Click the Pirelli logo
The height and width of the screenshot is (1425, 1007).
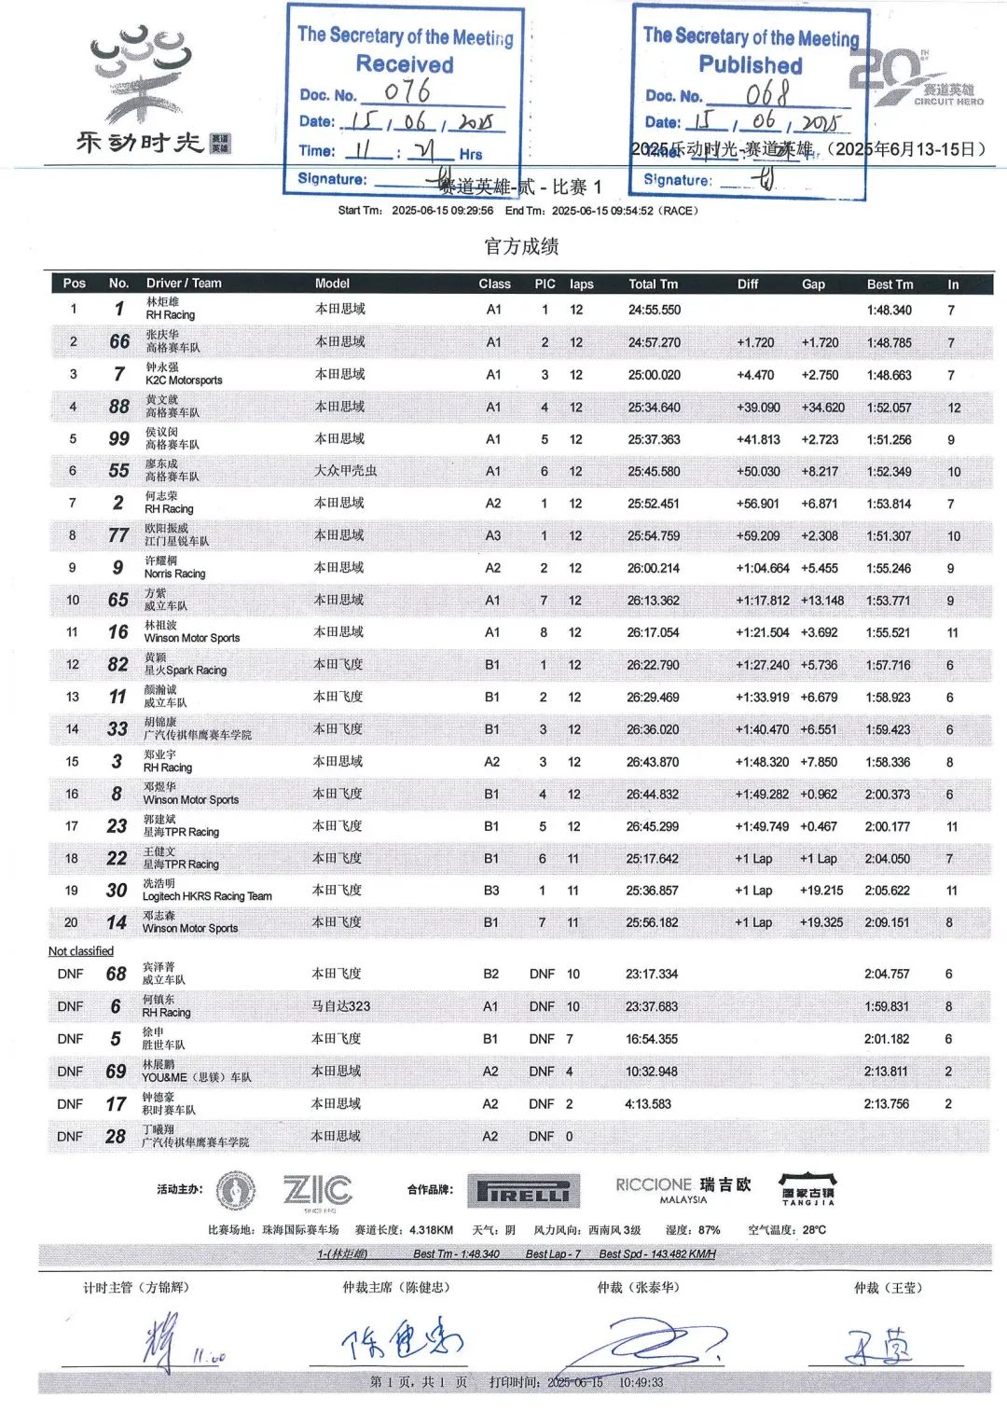[523, 1191]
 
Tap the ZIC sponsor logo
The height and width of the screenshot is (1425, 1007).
[317, 1190]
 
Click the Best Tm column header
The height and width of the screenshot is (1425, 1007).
[890, 284]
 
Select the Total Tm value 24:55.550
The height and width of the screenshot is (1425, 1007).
[654, 310]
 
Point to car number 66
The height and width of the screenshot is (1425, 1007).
[119, 341]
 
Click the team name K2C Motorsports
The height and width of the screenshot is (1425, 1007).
[184, 380]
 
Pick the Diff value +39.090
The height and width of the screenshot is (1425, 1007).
[758, 408]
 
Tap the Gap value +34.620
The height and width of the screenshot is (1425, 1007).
[822, 408]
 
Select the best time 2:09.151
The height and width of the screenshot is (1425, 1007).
[887, 922]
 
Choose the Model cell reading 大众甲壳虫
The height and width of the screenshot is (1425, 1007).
[345, 471]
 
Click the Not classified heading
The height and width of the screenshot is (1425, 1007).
[81, 951]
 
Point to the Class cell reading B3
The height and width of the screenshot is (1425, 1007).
[491, 891]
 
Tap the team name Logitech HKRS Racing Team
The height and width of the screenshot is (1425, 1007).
[207, 896]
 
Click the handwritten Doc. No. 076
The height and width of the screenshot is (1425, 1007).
[407, 91]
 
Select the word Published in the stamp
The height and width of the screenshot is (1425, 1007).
[751, 65]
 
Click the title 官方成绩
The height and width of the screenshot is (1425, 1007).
[521, 246]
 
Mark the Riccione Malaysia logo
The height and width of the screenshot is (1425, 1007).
[683, 1189]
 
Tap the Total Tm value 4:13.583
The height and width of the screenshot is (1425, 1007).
[648, 1104]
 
